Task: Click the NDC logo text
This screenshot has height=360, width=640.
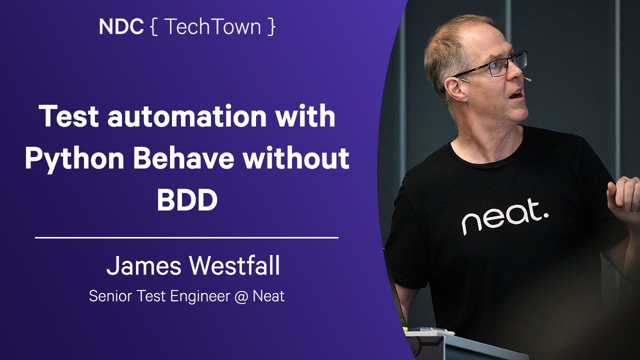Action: pos(121,27)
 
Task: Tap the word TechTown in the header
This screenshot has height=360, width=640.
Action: pos(212,27)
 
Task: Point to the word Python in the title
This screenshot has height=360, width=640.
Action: pos(74,159)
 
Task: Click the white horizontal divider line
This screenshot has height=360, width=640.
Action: pos(186,237)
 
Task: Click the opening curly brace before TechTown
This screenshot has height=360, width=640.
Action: pos(153,27)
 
